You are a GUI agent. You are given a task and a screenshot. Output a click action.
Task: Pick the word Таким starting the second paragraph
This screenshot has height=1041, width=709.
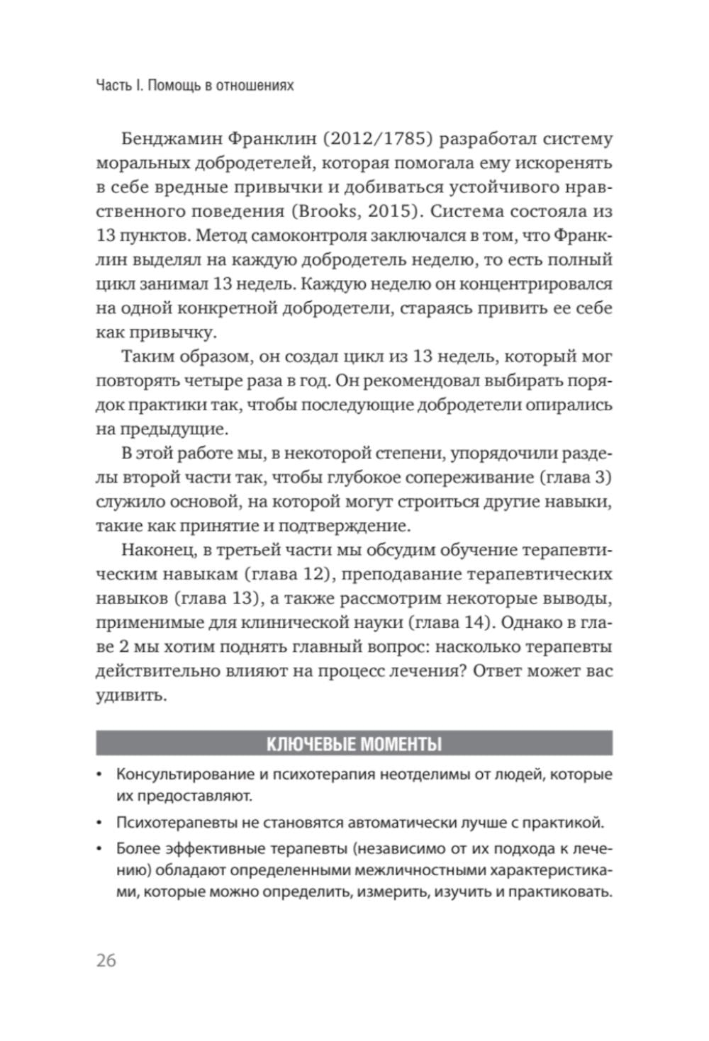point(148,356)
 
